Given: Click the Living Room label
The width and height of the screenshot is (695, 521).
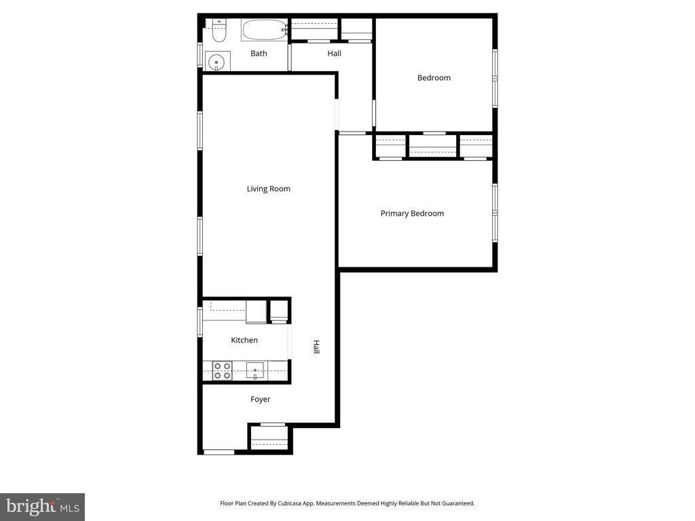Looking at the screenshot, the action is click(269, 189).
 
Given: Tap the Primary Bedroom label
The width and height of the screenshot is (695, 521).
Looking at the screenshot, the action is click(412, 214).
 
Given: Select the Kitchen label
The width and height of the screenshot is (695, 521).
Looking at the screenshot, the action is click(244, 341).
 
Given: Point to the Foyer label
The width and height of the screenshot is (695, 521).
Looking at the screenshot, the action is click(260, 399).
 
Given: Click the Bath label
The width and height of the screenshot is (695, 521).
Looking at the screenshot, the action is click(259, 54).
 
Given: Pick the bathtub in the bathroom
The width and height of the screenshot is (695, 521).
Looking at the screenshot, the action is click(264, 30).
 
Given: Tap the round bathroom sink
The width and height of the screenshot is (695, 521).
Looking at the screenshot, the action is click(217, 62).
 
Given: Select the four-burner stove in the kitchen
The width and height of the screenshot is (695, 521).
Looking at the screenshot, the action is click(222, 371).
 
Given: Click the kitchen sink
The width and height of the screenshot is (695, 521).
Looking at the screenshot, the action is click(255, 371).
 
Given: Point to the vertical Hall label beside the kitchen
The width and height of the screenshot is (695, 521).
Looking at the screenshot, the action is click(316, 347).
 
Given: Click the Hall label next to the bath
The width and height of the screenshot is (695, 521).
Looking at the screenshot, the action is click(334, 54).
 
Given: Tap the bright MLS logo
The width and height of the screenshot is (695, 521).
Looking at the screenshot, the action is click(43, 507).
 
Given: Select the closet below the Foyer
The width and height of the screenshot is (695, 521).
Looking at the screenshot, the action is click(269, 438).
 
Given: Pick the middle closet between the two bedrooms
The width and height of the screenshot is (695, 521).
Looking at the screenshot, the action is click(432, 145).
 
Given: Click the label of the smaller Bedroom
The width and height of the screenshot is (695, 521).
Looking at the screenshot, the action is click(434, 78).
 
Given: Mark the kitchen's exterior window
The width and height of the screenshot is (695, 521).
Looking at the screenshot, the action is click(200, 322).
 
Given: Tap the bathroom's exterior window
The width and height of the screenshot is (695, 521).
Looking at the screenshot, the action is click(200, 56).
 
